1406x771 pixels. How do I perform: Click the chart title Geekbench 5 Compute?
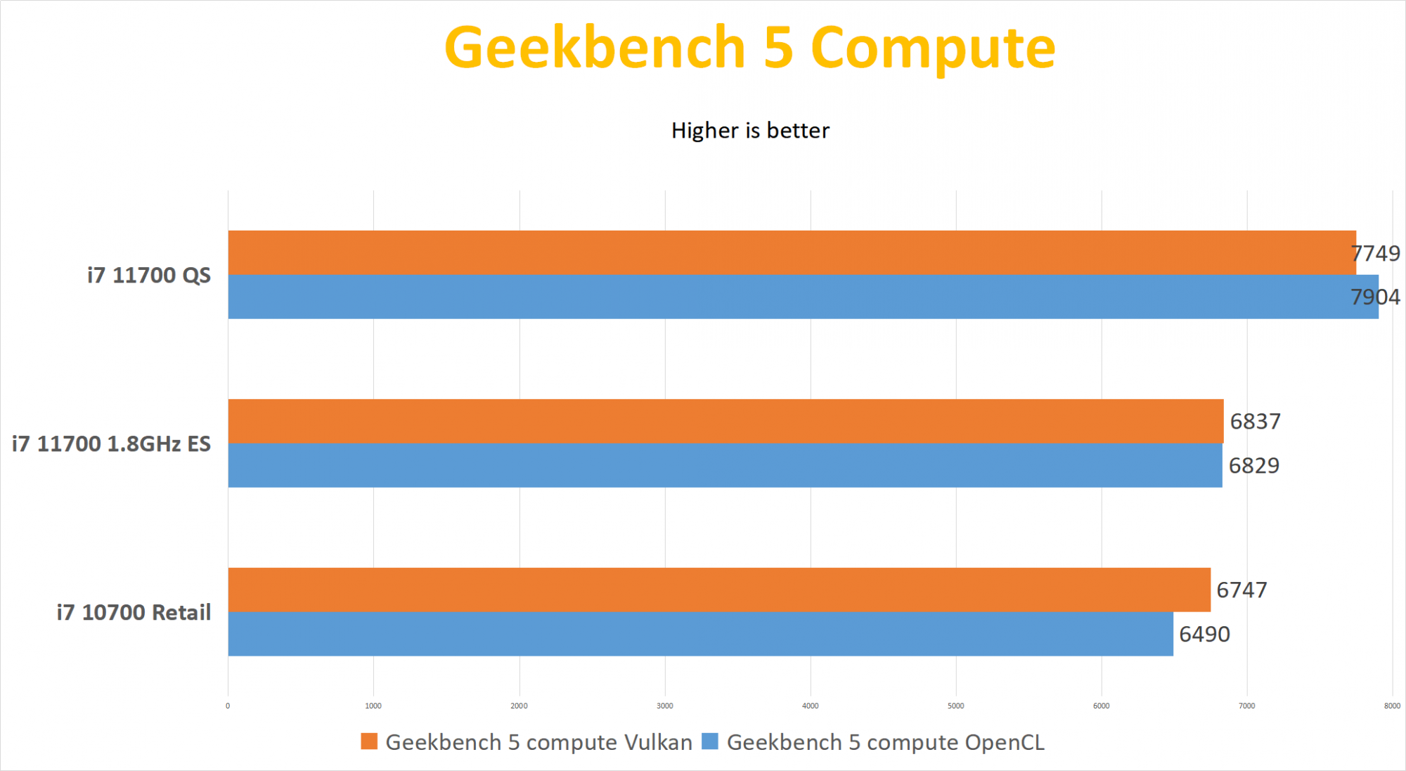(x=749, y=48)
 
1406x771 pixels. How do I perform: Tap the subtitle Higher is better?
(x=750, y=131)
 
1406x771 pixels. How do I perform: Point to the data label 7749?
(x=1375, y=253)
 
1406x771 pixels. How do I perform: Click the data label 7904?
(x=1375, y=297)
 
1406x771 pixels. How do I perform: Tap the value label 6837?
(x=1256, y=422)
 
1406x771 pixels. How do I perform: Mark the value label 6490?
(x=1204, y=635)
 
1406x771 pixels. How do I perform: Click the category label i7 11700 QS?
(x=148, y=276)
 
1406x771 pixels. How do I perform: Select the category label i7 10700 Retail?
(x=134, y=613)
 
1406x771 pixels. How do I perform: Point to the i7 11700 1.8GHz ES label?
(x=111, y=444)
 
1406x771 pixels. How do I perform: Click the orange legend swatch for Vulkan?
(x=369, y=741)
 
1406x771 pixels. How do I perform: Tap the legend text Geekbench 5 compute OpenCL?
(x=885, y=742)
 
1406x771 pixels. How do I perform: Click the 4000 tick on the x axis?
(x=811, y=706)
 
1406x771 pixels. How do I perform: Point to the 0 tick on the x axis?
(x=228, y=706)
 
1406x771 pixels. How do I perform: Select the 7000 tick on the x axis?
(x=1247, y=706)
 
